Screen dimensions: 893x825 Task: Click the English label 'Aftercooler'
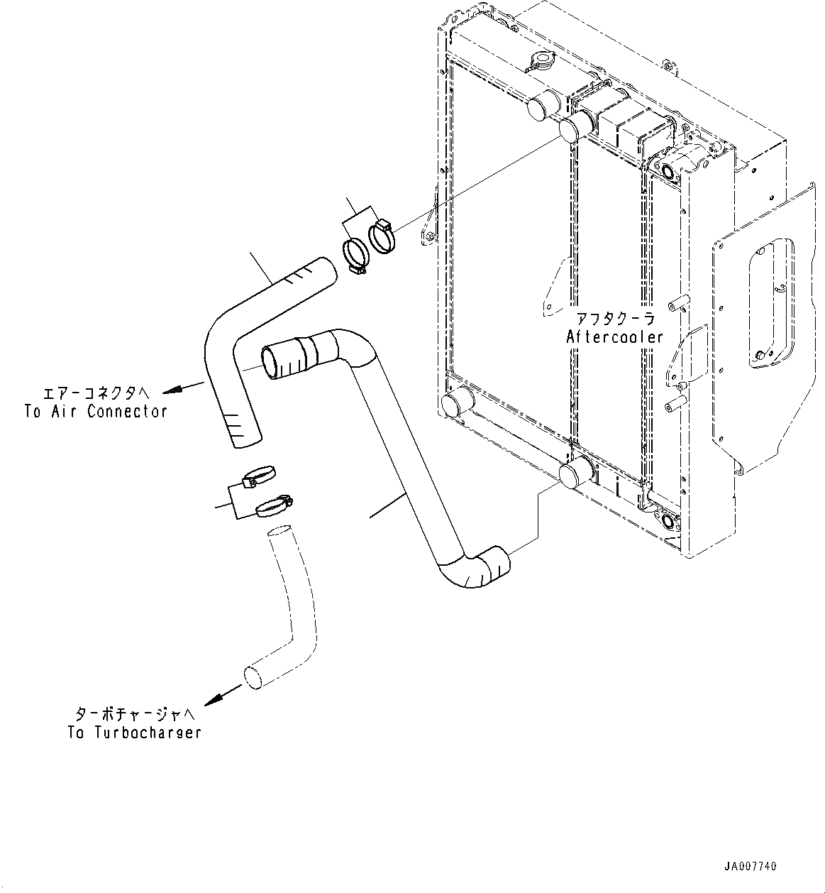(614, 337)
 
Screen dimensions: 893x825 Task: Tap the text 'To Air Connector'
(96, 412)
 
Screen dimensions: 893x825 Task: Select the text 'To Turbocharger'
(135, 733)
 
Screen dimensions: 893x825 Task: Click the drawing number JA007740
(751, 867)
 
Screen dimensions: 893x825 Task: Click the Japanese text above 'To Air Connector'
(96, 391)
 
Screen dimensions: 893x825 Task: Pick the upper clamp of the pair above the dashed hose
(258, 475)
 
